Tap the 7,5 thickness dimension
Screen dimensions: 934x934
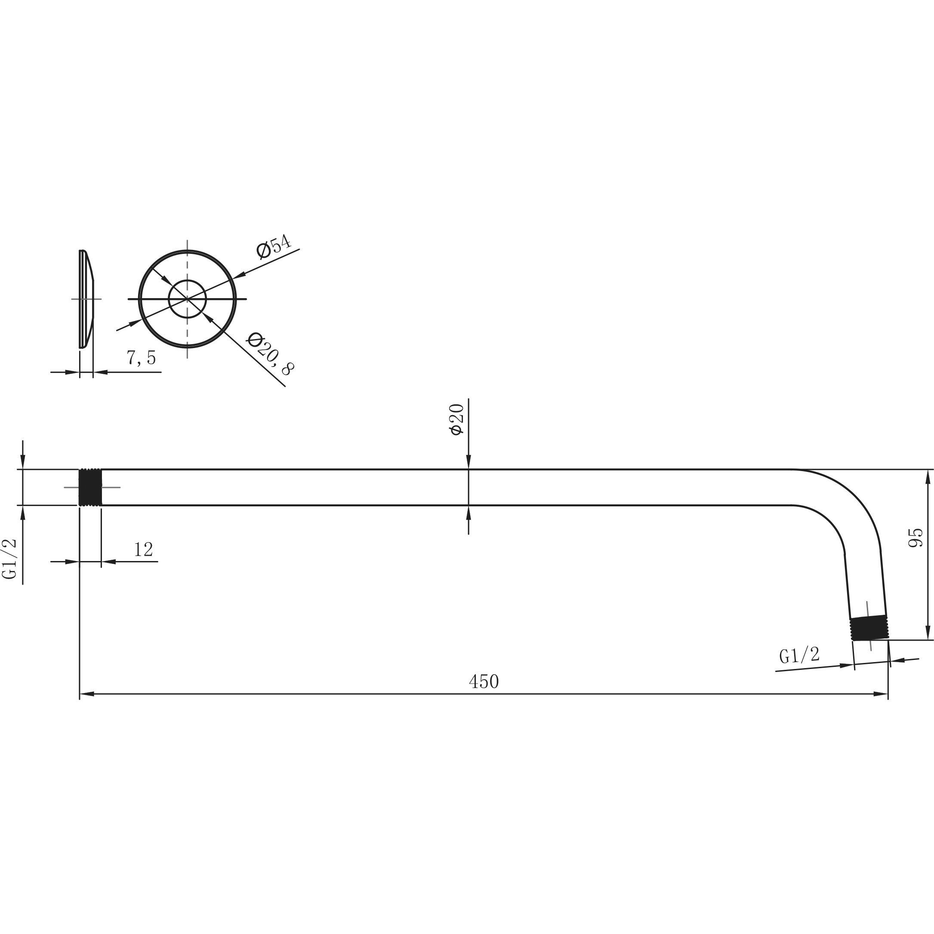click(x=141, y=358)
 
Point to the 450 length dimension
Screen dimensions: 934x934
click(x=484, y=681)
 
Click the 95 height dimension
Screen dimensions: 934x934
click(x=916, y=538)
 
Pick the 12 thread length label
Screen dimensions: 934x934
click(x=144, y=549)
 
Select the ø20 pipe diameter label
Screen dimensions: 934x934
click(x=457, y=419)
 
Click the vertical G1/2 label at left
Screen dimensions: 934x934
click(x=10, y=558)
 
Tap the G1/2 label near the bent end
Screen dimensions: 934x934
click(x=800, y=655)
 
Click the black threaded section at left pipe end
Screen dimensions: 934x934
click(x=90, y=487)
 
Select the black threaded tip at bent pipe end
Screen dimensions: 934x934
click(x=869, y=629)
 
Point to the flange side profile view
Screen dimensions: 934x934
click(x=86, y=299)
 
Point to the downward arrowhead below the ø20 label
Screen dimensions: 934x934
click(x=469, y=462)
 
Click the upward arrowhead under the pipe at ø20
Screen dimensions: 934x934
click(x=469, y=513)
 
